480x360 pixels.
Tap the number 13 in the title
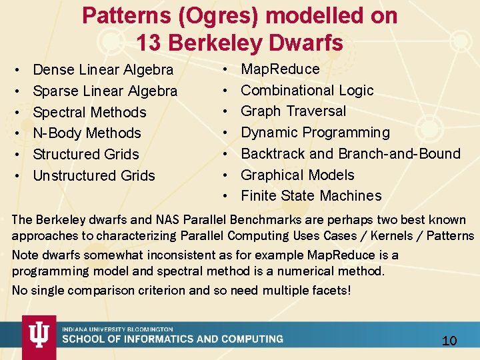point(148,43)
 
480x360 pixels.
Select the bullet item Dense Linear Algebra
point(103,69)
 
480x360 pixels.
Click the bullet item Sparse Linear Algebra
point(105,91)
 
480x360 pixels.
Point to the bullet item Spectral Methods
point(89,112)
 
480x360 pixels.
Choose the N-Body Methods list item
point(87,133)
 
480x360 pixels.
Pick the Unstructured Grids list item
point(93,176)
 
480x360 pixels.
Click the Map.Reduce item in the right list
point(280,69)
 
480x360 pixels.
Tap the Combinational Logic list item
point(307,90)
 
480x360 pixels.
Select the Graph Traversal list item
point(293,111)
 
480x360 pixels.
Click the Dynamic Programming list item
point(315,133)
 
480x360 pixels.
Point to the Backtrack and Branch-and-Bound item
point(350,154)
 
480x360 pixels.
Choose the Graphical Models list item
point(297,175)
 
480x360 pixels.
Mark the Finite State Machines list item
point(311,196)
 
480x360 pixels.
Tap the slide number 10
point(449,341)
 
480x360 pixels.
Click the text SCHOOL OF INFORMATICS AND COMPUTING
point(172,339)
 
